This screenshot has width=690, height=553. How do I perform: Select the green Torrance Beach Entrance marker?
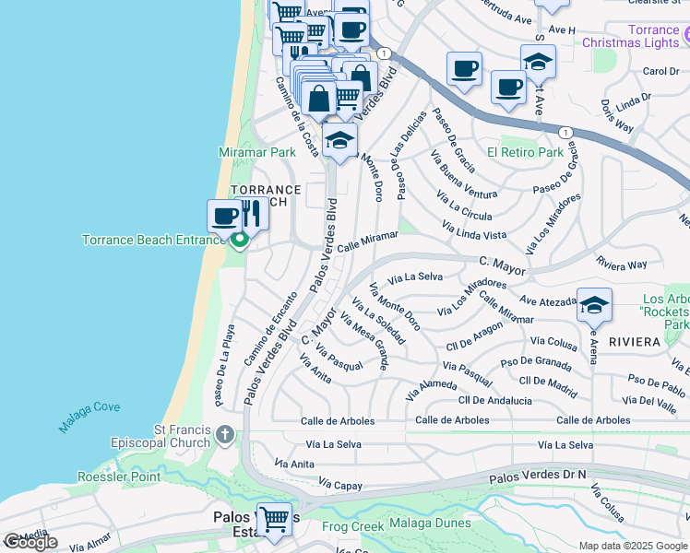coord(240,242)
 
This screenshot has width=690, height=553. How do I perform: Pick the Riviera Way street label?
coord(622,264)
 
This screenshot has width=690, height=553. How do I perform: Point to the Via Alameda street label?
coord(431,384)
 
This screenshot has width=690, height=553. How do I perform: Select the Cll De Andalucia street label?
coord(495,401)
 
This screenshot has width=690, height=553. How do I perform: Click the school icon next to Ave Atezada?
coord(594,304)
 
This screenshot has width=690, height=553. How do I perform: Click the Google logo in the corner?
coord(30,542)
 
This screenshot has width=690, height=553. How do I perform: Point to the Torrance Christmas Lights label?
coord(653,37)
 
